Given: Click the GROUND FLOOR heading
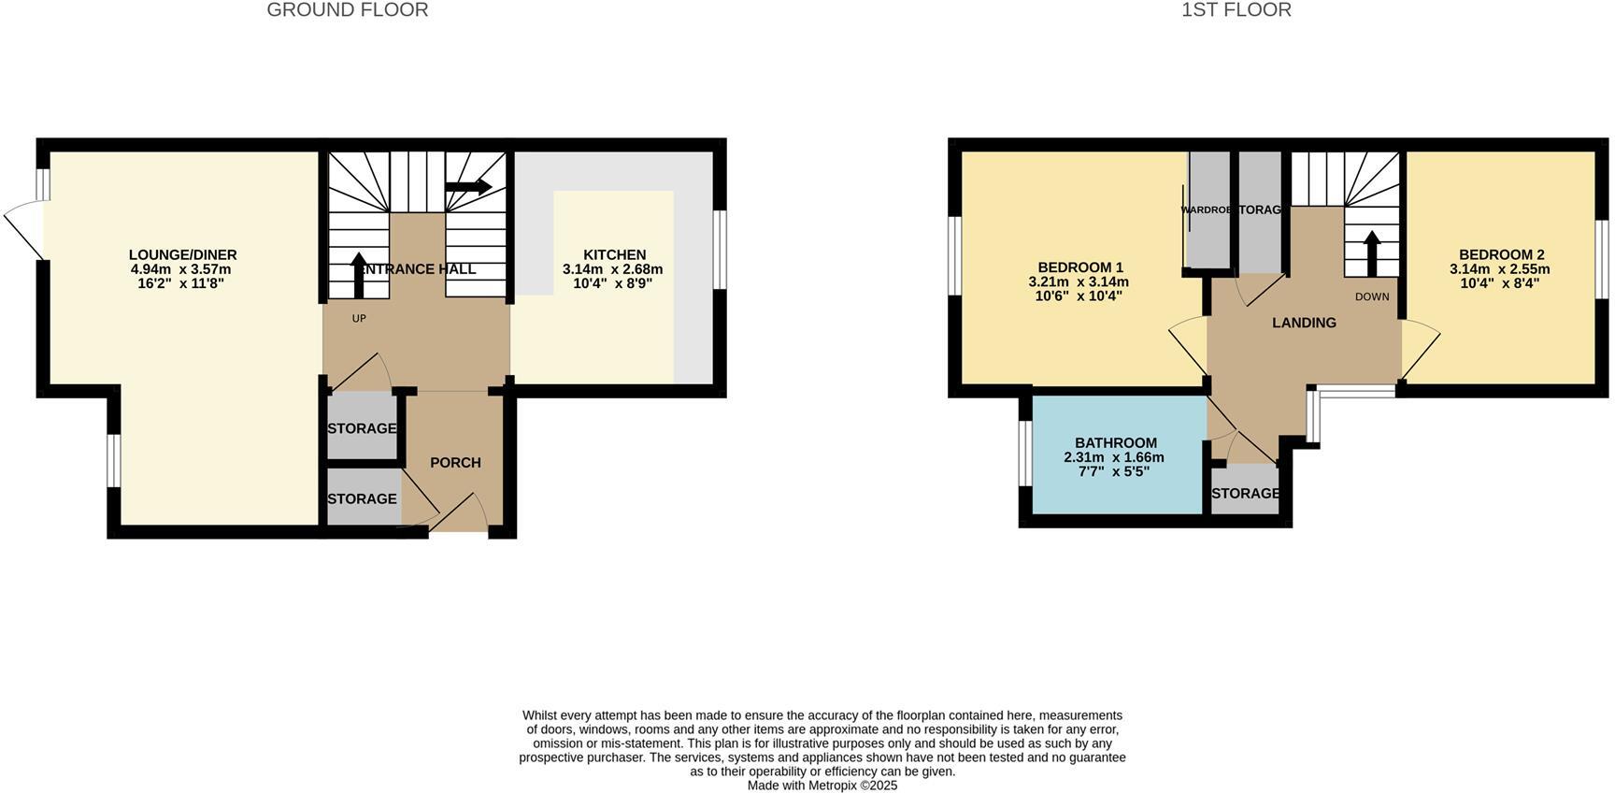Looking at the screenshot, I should point(347,10).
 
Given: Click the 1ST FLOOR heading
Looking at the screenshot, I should point(1236,10).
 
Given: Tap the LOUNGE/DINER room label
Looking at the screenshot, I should point(182,254).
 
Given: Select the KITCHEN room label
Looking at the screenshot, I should point(614,254).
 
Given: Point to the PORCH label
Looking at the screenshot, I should point(455,463).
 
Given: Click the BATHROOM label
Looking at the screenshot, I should point(1115,443).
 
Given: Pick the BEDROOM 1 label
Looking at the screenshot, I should point(1079,267).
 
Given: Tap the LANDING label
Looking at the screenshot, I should point(1304,323).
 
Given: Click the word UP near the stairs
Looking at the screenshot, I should point(359,319).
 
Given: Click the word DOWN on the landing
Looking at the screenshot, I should point(1372,297).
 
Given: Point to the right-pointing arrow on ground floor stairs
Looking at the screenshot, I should point(468,187).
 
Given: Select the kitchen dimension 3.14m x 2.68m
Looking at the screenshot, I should point(612,269).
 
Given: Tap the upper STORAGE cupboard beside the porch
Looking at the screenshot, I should point(362,428).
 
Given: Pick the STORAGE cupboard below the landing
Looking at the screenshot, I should point(1245,494).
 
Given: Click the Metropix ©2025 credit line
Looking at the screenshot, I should point(822,786).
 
